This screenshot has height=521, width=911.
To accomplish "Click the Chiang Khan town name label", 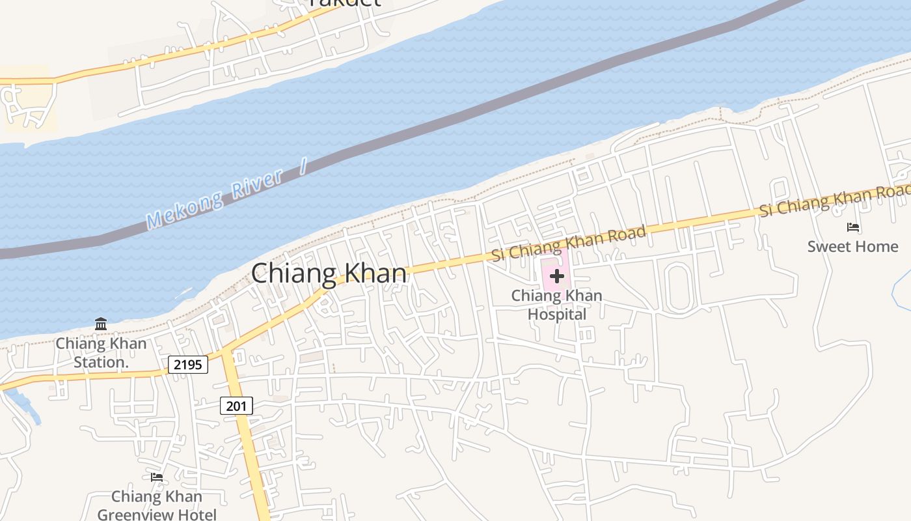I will tap(329, 274).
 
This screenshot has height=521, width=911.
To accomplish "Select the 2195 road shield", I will tap(188, 365).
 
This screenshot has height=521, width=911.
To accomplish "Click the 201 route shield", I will tap(236, 406).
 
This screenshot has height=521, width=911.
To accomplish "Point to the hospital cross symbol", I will tap(556, 276).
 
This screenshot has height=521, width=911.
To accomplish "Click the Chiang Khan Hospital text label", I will tap(556, 305).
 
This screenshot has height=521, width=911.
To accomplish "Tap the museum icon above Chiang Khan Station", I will tap(101, 324).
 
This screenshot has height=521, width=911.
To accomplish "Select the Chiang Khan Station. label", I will tap(101, 352).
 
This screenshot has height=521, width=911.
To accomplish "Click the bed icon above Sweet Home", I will tap(853, 228).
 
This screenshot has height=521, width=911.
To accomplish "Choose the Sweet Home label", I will tap(852, 247).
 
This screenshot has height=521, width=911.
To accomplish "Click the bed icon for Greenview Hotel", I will tap(157, 477).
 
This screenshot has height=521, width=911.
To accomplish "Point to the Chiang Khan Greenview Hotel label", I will tap(157, 505).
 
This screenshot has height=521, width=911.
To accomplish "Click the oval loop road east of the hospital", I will tap(677, 287).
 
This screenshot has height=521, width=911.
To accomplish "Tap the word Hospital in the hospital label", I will tap(556, 315).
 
